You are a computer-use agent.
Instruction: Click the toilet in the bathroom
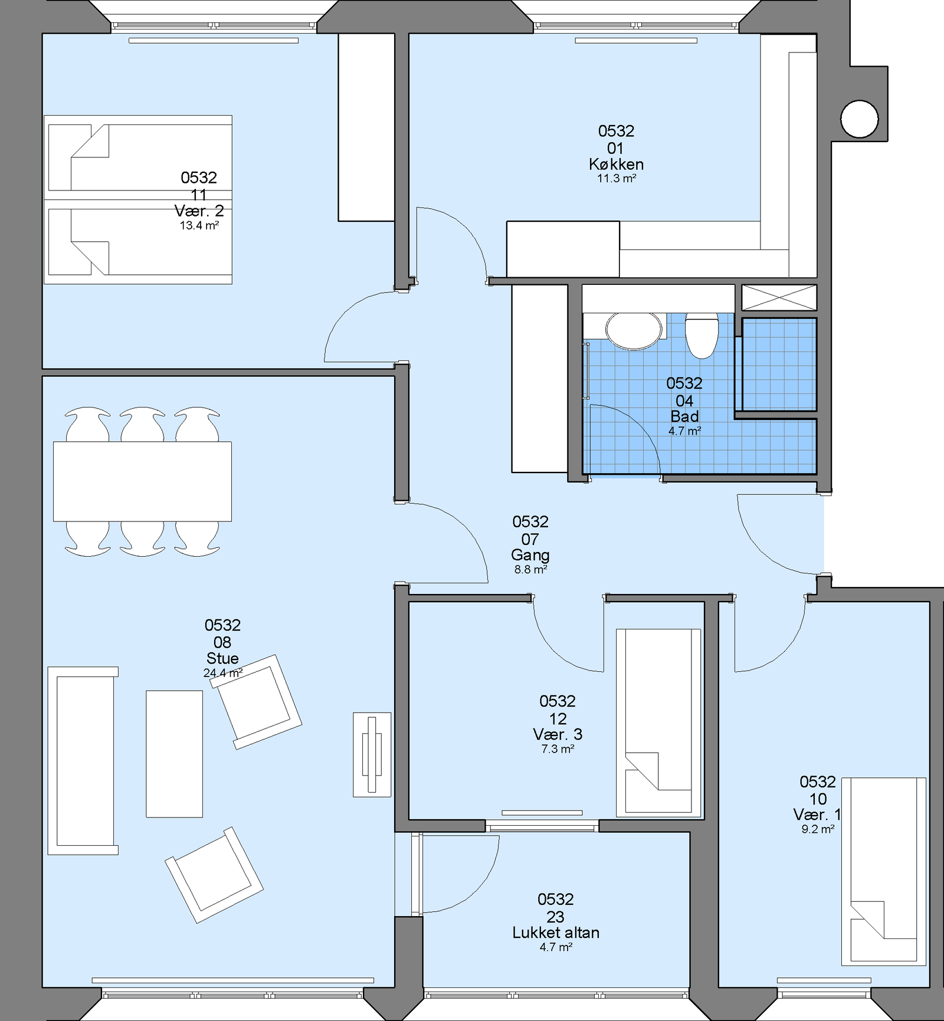pos(702,335)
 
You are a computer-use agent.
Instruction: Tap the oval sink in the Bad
pos(634,331)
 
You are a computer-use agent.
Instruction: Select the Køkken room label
pos(616,164)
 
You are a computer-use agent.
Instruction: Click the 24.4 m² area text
pos(223,673)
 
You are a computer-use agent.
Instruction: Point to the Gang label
pos(530,555)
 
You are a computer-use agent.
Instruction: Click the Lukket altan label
pos(556,933)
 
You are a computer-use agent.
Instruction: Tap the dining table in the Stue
pos(142,481)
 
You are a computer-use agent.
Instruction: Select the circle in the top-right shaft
pos(860,119)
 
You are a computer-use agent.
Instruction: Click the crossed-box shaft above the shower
pos(779,297)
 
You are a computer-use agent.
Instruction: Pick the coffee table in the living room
pos(174,754)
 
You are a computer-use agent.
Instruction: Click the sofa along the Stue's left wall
pos(83,761)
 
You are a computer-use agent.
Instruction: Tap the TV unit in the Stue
pos(372,754)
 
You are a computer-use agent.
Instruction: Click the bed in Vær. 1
pos(884,871)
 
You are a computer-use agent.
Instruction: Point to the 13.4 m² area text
pos(199,225)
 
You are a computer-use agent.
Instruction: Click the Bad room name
pos(684,416)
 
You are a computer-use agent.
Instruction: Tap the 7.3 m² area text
pos(558,749)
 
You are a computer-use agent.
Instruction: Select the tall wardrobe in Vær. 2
pos(366,127)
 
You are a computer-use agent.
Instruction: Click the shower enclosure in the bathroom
pos(779,365)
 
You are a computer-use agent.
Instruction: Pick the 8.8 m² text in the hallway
pos(530,570)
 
